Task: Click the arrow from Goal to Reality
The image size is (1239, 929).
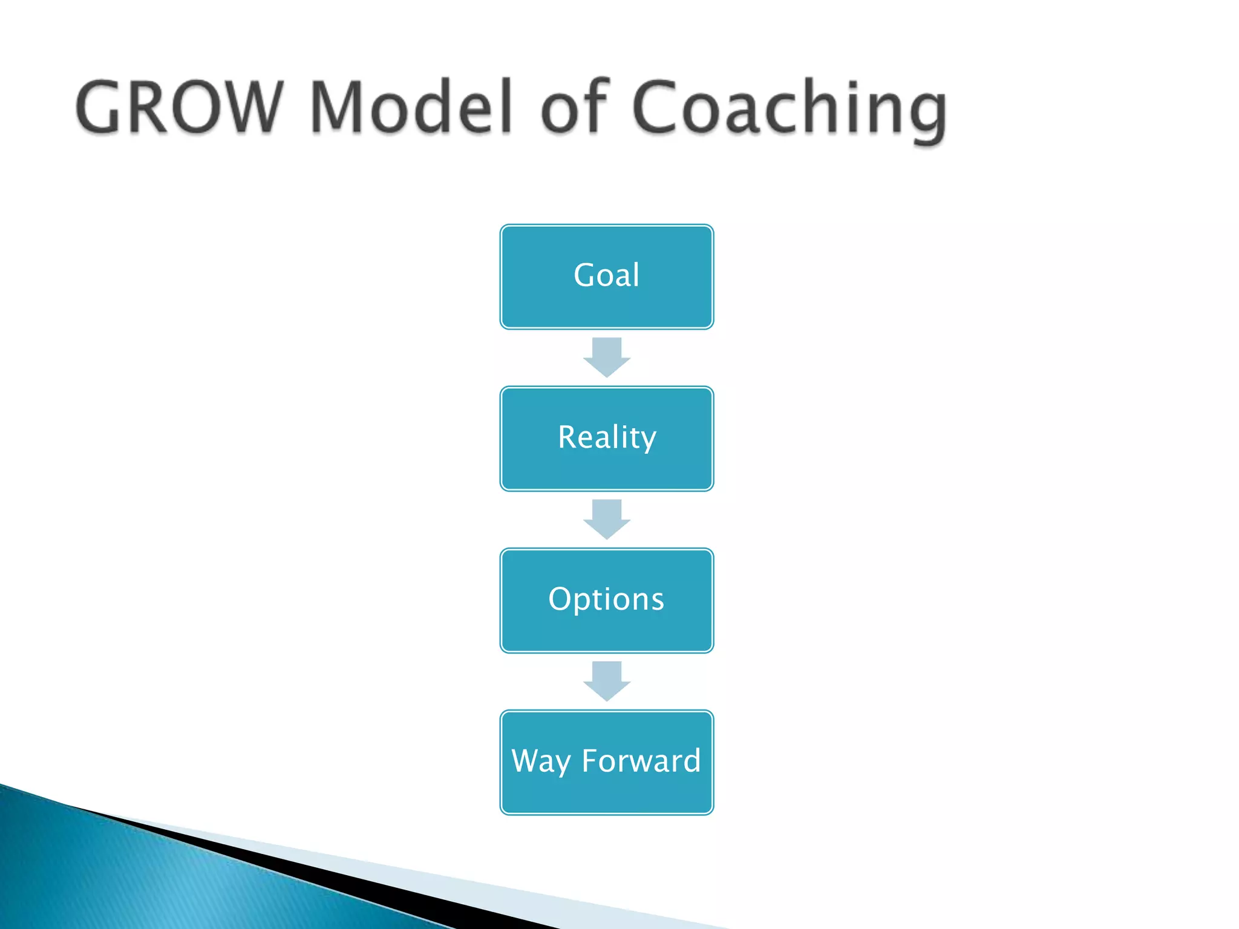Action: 607,357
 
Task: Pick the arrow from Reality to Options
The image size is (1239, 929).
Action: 607,519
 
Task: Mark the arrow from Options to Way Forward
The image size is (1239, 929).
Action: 607,681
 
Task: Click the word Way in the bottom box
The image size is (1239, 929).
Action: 541,761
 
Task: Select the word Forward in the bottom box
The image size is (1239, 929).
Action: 641,760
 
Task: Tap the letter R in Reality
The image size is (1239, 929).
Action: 569,437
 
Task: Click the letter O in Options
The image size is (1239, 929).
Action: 560,599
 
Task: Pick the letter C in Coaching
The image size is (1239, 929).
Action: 659,107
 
